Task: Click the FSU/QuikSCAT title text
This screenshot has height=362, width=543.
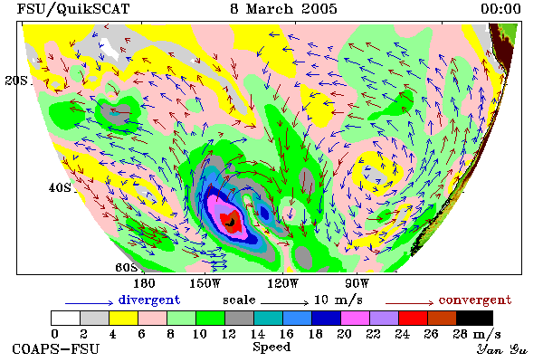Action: [73, 9]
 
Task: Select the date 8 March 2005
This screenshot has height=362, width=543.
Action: [283, 9]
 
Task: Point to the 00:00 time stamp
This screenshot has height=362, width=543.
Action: [500, 9]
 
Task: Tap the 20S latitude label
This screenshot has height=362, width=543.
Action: [16, 81]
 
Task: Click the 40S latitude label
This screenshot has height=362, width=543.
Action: [60, 187]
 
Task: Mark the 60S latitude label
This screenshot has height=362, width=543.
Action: [126, 268]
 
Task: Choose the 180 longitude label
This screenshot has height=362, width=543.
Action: [144, 283]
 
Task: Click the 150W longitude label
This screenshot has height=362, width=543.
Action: [205, 283]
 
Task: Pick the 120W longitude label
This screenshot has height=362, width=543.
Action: [282, 283]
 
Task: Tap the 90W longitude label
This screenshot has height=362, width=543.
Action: [357, 283]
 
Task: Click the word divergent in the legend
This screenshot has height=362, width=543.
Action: [149, 300]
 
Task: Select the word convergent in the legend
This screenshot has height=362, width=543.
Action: [475, 300]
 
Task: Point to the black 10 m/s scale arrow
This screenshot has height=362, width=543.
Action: [284, 303]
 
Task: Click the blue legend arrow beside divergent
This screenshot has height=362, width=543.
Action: [89, 303]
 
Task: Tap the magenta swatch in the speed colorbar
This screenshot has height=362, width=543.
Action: [356, 318]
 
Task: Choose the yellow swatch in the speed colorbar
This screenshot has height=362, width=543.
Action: [124, 318]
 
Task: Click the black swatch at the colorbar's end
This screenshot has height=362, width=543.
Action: [475, 318]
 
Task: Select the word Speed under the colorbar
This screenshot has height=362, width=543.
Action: [271, 348]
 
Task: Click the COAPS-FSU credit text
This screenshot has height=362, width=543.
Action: [56, 348]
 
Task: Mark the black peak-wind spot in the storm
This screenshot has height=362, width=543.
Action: [231, 223]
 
